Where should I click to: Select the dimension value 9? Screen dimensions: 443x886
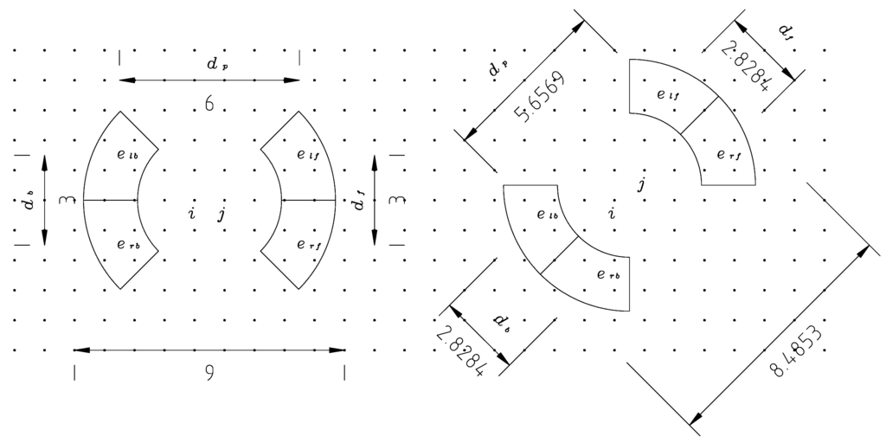[x=210, y=373]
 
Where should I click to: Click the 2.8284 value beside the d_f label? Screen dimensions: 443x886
[x=745, y=65]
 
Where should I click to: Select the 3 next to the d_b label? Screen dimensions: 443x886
[x=63, y=201]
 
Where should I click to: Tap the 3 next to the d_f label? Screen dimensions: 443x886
[x=395, y=201]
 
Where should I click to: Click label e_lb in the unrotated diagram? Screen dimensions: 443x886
[x=126, y=154]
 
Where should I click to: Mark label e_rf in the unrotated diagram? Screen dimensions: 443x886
[x=307, y=245]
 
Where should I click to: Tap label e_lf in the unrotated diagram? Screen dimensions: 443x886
[x=307, y=156]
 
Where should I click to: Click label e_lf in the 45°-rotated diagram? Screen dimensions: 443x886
[x=667, y=95]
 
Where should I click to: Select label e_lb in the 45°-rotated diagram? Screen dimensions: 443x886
[x=547, y=215]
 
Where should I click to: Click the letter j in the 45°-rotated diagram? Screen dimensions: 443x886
[x=641, y=184]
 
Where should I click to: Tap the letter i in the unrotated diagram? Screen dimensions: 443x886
[x=192, y=213]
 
